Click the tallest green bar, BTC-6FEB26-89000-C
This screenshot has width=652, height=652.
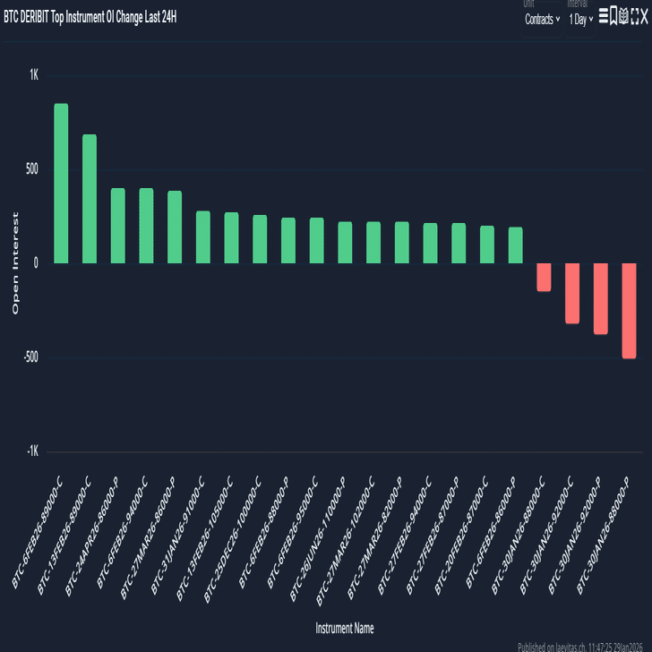click(61, 184)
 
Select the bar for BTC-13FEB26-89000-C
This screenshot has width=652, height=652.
click(90, 199)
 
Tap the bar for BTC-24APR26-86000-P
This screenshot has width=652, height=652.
click(117, 226)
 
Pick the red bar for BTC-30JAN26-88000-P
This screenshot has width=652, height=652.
click(629, 310)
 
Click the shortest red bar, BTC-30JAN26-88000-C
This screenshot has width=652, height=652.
click(544, 277)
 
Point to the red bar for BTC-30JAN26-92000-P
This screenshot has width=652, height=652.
click(600, 298)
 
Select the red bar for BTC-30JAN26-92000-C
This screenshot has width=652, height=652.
click(572, 293)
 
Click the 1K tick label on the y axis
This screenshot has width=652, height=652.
click(34, 75)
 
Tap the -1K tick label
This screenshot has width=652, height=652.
click(32, 452)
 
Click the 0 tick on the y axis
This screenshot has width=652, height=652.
click(36, 263)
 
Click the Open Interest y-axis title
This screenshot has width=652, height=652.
click(15, 263)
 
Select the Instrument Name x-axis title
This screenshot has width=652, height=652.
click(345, 628)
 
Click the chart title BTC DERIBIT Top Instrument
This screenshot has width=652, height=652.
click(90, 17)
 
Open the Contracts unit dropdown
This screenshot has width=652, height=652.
click(542, 19)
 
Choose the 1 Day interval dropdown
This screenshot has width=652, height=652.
click(580, 19)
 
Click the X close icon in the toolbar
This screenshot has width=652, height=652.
click(643, 16)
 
